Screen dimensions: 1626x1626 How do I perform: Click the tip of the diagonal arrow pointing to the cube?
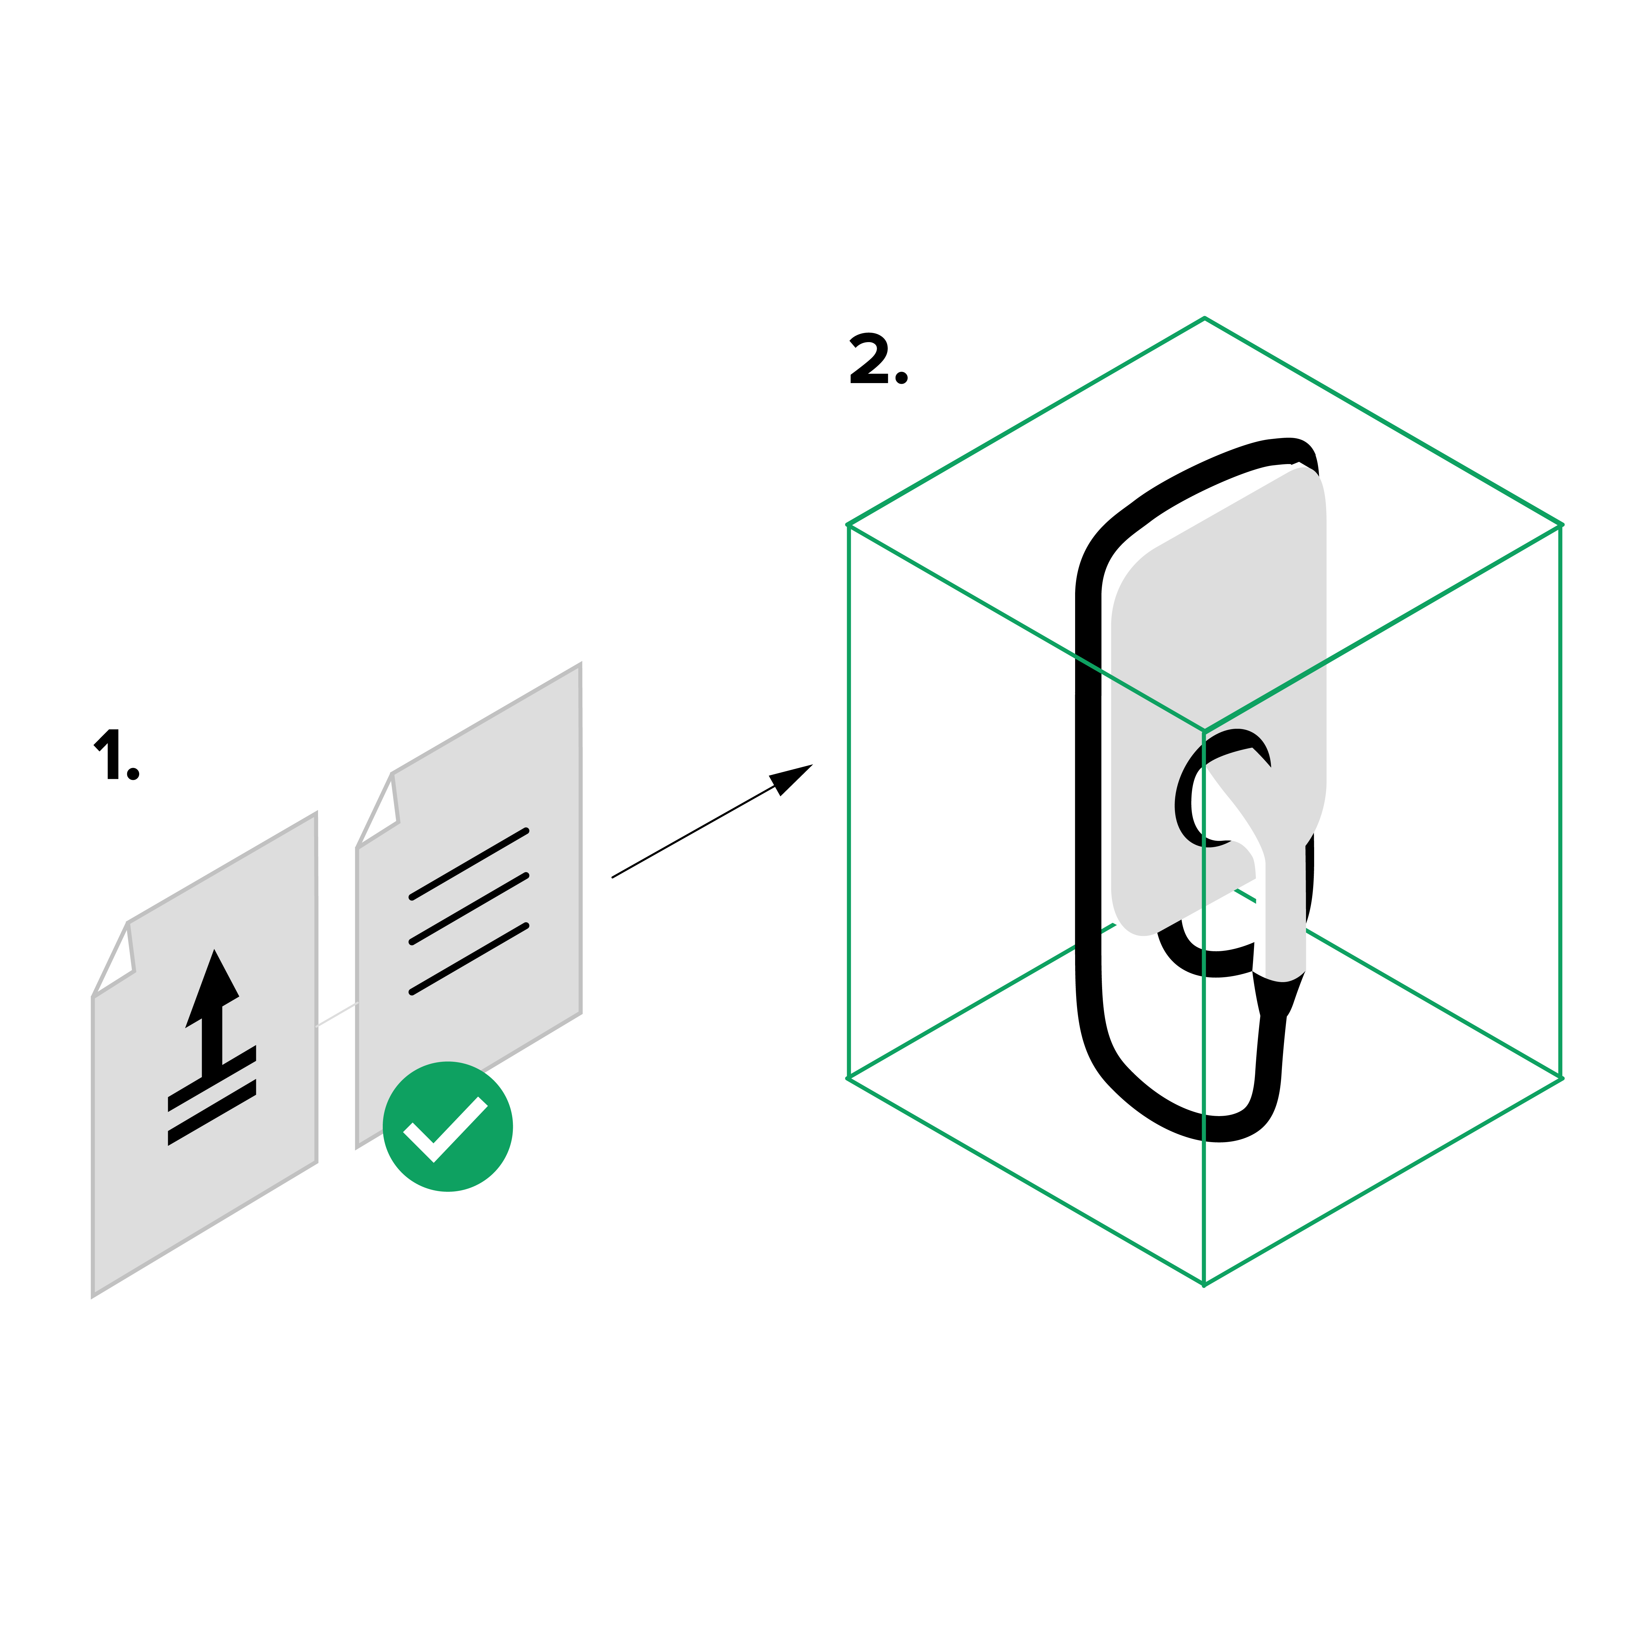(x=812, y=764)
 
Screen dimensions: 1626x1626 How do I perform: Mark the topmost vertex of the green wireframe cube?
(x=1204, y=318)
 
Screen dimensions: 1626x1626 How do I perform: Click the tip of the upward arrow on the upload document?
(x=215, y=949)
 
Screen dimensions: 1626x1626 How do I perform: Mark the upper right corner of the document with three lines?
(x=580, y=664)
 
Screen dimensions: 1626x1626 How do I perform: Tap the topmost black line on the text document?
(x=469, y=864)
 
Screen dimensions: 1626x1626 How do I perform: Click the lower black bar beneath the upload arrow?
(x=212, y=1113)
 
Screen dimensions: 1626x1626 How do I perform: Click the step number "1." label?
(x=116, y=754)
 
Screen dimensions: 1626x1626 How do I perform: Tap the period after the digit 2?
(x=901, y=378)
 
